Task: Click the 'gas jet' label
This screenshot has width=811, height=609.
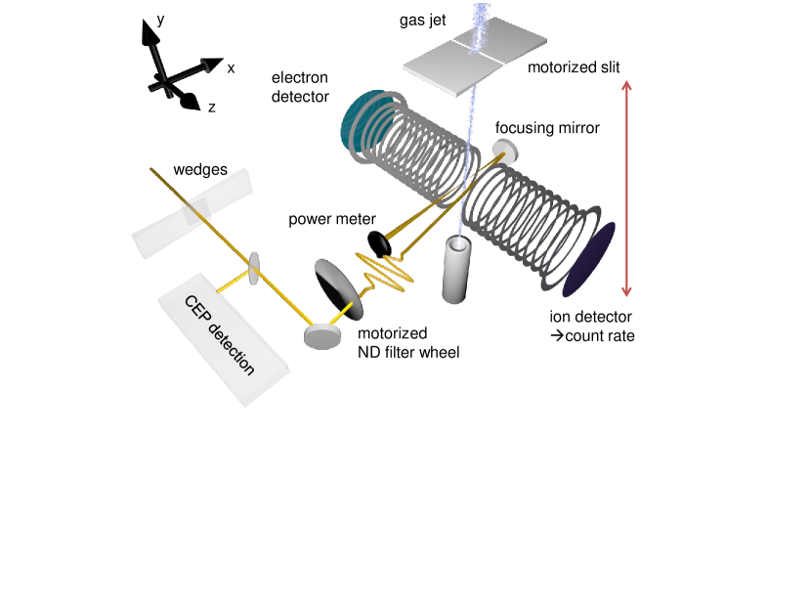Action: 423,20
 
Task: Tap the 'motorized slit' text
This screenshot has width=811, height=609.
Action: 574,67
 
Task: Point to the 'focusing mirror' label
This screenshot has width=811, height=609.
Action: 547,127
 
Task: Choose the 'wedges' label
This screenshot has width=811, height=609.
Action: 200,170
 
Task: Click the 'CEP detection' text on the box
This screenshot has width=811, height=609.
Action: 220,335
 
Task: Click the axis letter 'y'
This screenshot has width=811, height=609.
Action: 160,18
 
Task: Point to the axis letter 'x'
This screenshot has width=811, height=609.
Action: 232,68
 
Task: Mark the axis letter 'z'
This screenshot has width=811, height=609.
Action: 212,107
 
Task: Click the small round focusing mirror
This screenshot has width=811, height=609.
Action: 505,151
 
